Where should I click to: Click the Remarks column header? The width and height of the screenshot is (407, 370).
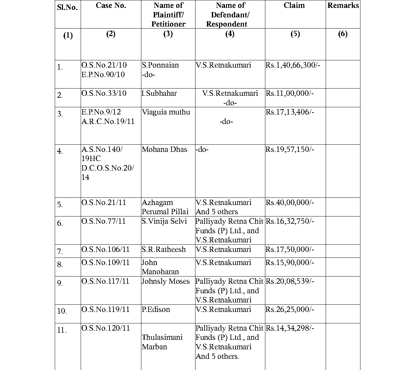[343, 6]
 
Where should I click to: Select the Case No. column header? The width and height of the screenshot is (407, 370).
[111, 6]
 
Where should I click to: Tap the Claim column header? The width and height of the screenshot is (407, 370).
[294, 6]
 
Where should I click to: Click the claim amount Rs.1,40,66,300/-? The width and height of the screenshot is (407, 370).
[293, 65]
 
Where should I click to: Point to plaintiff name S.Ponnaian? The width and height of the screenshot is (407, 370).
[160, 65]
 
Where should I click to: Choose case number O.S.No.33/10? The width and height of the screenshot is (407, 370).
[104, 93]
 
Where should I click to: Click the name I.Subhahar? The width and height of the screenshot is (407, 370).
[159, 93]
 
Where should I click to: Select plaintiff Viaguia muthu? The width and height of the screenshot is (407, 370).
[166, 112]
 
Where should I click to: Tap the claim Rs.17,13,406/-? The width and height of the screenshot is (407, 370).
[290, 112]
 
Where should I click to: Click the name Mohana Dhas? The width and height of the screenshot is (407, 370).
[164, 150]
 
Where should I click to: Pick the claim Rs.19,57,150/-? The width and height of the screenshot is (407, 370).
[290, 150]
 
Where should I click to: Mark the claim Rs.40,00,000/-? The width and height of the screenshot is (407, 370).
[290, 203]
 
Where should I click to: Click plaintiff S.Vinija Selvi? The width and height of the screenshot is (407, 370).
[164, 221]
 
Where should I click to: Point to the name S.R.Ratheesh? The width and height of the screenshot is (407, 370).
[164, 250]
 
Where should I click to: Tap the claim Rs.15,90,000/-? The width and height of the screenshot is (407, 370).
[290, 263]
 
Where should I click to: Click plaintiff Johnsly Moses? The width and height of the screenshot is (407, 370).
[166, 281]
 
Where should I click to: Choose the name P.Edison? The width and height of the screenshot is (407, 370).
[156, 310]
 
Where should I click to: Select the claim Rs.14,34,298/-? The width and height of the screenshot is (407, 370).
[290, 328]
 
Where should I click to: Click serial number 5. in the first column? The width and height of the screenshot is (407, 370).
[60, 205]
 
